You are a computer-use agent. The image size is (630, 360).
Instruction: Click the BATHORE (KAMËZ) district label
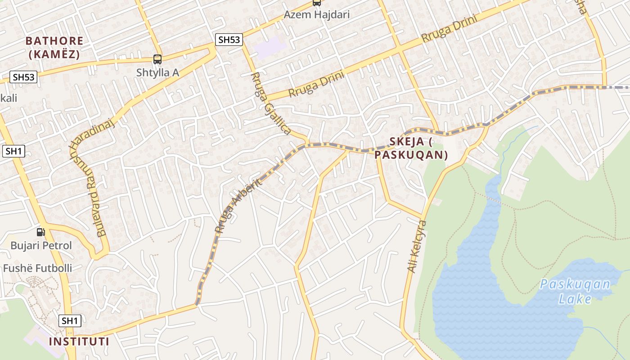54,47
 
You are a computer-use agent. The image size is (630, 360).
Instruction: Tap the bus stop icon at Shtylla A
157,59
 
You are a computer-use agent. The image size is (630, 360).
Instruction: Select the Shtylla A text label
158,72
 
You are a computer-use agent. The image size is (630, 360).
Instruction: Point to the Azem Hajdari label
316,15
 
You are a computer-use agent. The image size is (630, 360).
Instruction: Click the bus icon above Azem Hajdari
317,3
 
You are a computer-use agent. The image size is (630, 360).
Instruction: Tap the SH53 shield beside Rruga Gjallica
229,40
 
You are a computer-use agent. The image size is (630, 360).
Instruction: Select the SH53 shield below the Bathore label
24,77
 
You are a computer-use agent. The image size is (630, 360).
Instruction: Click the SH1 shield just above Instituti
70,321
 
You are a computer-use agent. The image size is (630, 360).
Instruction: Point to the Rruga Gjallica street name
269,103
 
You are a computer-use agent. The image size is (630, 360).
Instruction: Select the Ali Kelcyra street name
417,246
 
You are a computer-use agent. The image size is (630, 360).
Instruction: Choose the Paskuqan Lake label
575,291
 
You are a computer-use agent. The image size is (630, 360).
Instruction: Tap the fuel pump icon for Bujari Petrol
40,232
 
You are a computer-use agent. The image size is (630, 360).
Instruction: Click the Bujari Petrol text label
41,246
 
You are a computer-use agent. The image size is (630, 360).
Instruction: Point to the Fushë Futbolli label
37,268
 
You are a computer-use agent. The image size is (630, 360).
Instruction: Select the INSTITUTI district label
79,341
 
